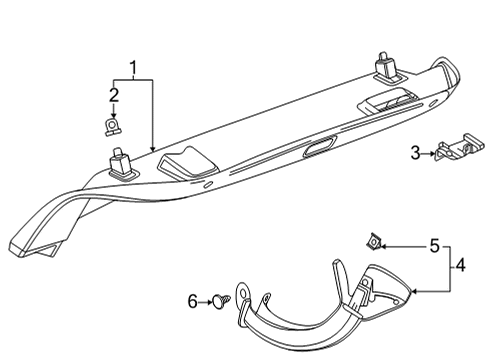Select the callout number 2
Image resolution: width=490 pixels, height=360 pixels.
coord(114,96)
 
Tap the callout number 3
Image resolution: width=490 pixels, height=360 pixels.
coord(415,152)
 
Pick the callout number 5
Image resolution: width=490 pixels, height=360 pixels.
coord(434,245)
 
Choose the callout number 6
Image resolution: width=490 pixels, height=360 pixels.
coord(193,300)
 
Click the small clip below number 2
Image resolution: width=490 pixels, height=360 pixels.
coord(114,127)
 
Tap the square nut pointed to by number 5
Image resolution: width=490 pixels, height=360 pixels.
coord(374,240)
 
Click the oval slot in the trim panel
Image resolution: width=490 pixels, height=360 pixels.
coord(320,150)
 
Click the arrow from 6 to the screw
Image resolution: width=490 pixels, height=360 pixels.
coord(207,300)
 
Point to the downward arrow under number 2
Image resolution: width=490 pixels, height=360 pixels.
coord(114,111)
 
